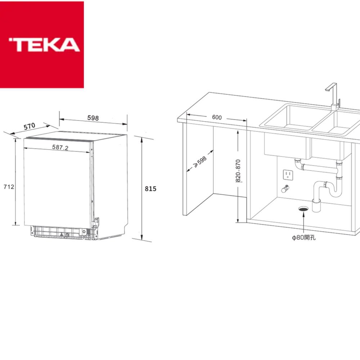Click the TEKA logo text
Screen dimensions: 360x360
[x=44, y=44]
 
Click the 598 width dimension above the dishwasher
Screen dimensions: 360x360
[x=93, y=118]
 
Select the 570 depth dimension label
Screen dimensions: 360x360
[x=30, y=126]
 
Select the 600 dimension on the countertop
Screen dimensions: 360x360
[x=217, y=117]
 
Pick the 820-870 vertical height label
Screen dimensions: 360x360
[x=238, y=171]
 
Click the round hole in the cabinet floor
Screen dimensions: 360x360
[x=303, y=208]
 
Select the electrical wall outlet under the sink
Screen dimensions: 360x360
[x=288, y=175]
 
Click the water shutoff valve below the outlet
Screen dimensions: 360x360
[x=285, y=188]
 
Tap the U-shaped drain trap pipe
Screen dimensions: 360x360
[x=328, y=189]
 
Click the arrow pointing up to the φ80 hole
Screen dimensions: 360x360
[x=304, y=223]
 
